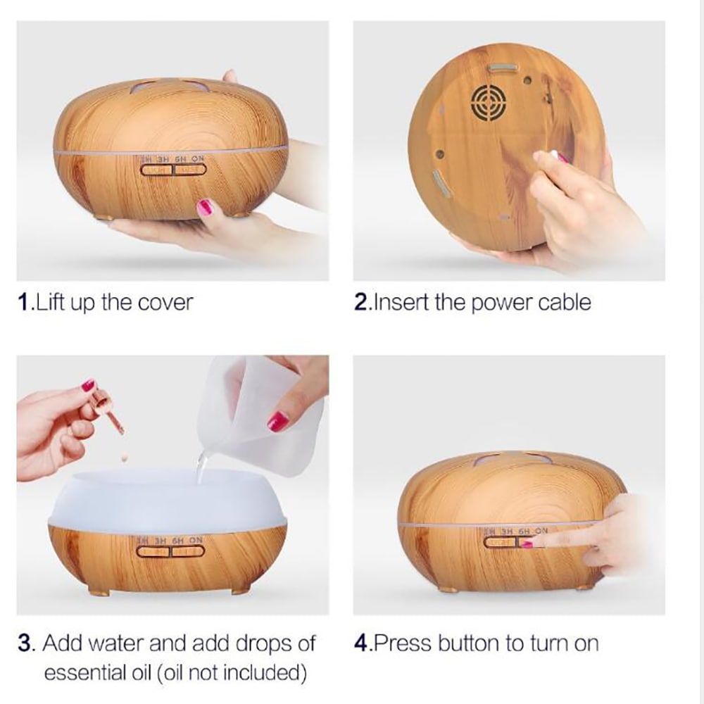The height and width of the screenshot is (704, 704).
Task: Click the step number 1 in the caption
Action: click(23, 303)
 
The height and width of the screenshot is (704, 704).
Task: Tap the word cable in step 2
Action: click(564, 303)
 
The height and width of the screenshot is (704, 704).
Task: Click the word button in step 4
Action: click(467, 643)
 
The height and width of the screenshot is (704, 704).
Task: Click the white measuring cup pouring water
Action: click(253, 408)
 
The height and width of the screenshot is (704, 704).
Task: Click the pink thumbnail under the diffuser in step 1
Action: click(204, 208)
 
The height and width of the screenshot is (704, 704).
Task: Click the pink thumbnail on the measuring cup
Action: click(278, 421)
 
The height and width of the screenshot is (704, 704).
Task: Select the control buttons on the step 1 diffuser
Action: click(172, 169)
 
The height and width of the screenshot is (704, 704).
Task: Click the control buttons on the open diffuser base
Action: click(170, 551)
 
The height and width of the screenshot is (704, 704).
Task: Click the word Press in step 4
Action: click(402, 643)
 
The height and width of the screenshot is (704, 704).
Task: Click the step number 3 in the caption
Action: click(24, 643)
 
